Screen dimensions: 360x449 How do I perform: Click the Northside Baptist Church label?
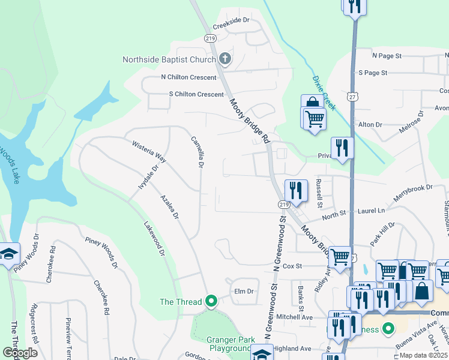tap(169, 59)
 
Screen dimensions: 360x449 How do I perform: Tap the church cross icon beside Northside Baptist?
tap(225, 59)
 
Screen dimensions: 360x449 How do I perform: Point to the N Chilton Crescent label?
tap(188, 77)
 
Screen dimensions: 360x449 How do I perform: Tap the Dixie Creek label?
tap(324, 93)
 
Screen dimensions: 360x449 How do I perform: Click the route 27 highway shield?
tap(352, 96)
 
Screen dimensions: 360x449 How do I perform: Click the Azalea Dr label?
tap(169, 207)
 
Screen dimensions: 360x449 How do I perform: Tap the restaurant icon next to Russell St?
tap(296, 190)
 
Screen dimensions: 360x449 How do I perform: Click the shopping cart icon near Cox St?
tap(340, 257)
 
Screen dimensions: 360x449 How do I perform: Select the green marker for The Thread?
tap(211, 301)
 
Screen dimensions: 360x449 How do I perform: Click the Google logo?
tap(20, 353)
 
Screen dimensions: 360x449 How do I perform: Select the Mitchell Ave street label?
tap(294, 317)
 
